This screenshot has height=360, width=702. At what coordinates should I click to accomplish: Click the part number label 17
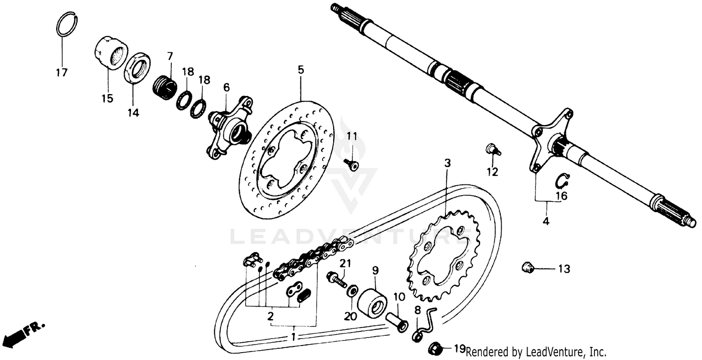[61, 73]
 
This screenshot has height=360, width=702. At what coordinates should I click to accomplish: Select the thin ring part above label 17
[67, 24]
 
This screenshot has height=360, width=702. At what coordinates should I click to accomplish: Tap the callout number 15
[107, 98]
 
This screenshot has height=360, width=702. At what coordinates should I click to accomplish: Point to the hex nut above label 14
[137, 67]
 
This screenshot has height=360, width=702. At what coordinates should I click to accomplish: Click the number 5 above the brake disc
[300, 70]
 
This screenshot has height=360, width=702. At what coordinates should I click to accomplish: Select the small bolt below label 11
[351, 164]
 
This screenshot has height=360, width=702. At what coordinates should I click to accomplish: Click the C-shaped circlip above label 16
[562, 180]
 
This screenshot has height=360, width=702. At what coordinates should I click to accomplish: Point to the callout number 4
[546, 220]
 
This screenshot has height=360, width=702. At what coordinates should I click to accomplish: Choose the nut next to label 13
[528, 268]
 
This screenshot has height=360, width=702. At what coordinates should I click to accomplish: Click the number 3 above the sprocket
[447, 163]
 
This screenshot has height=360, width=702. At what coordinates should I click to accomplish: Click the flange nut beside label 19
[434, 348]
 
